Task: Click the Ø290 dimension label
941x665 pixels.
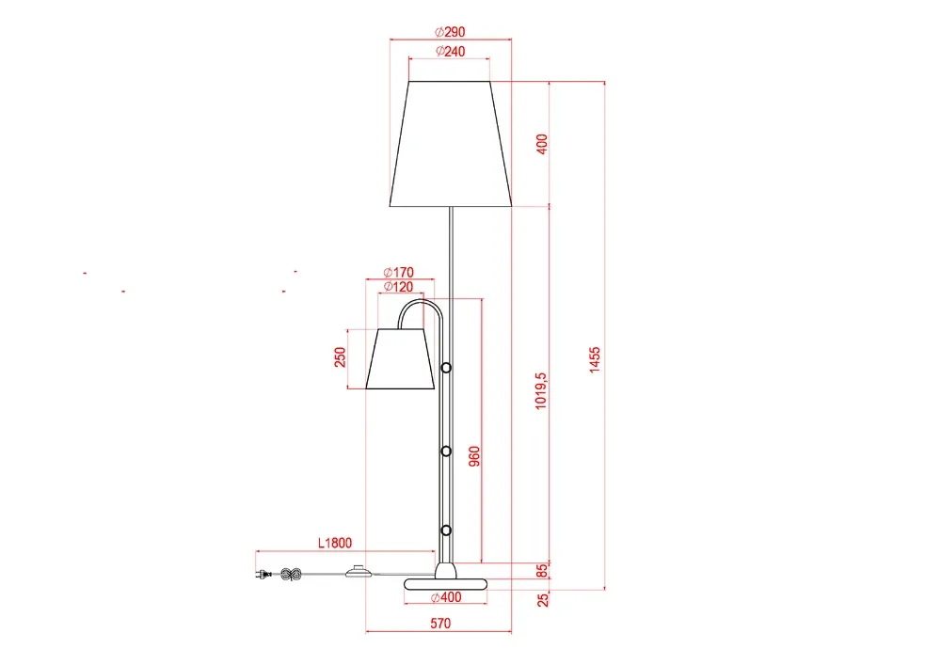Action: click(450, 31)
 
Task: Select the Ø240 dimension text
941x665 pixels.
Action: click(450, 51)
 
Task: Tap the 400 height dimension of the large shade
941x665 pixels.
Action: click(541, 144)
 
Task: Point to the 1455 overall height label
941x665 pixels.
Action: click(595, 359)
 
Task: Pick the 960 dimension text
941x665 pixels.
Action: click(475, 456)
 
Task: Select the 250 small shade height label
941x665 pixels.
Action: click(341, 357)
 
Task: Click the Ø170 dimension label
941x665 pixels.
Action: click(400, 273)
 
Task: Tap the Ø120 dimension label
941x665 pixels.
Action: click(400, 286)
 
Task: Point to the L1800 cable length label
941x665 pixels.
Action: click(334, 542)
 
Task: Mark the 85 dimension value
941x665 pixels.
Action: click(542, 570)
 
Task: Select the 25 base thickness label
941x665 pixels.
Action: click(542, 599)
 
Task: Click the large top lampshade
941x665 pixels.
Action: click(450, 144)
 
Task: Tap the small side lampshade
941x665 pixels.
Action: click(399, 358)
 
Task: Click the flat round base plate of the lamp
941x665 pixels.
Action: click(446, 584)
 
